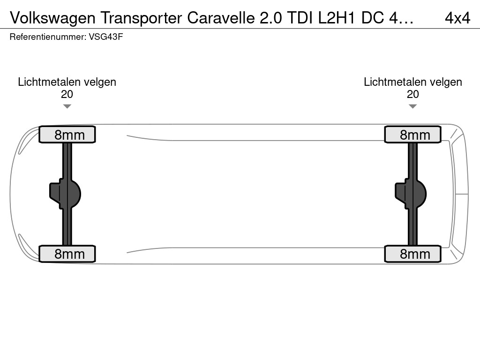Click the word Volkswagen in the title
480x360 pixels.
coord(52,18)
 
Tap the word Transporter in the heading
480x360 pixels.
coord(141,18)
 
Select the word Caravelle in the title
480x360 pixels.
coord(221,18)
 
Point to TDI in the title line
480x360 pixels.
coord(300,18)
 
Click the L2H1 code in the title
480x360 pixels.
coord(337,18)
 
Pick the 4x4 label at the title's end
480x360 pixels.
coord(457,18)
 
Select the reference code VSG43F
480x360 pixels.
coord(106,37)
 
